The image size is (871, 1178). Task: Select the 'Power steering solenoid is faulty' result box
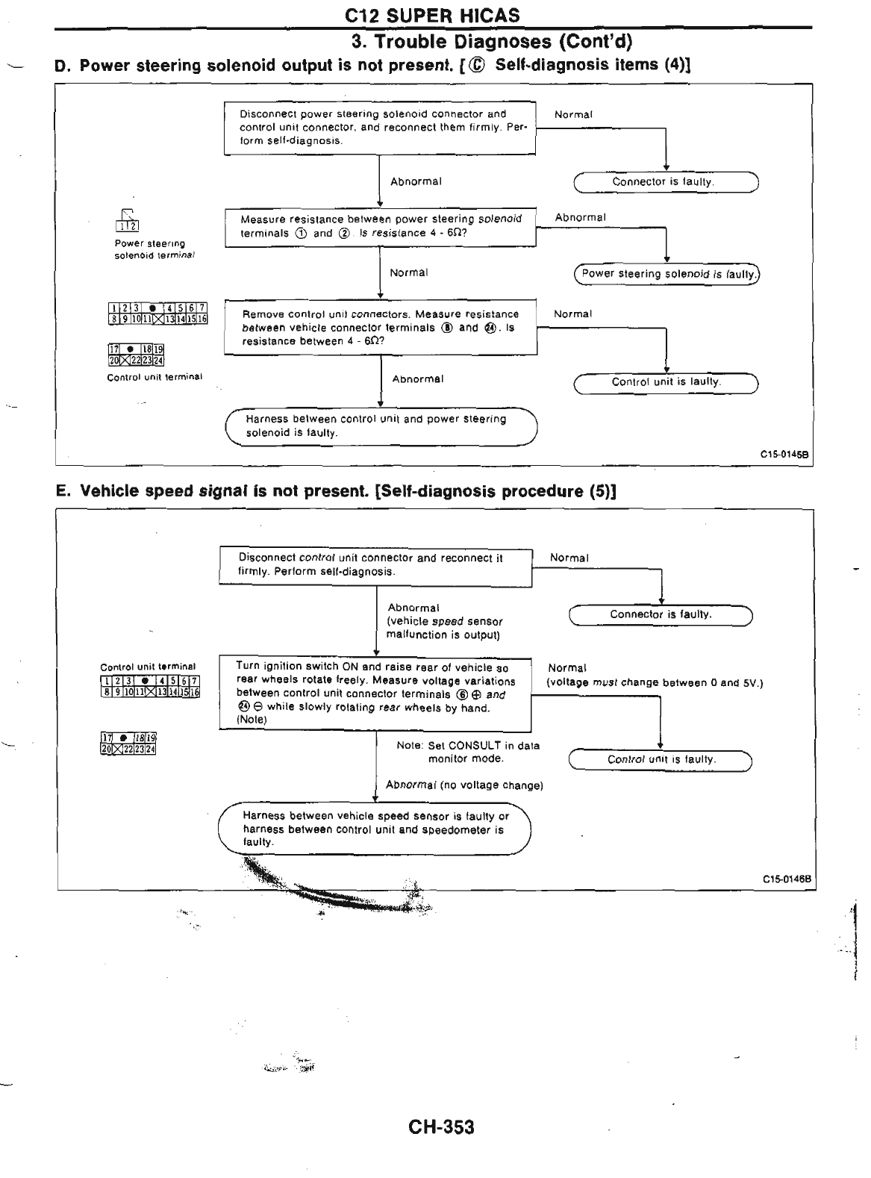click(666, 274)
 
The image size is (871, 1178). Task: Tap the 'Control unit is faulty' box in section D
click(666, 382)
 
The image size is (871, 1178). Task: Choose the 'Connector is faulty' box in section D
click(666, 182)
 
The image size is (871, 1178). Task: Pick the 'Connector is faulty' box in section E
click(661, 615)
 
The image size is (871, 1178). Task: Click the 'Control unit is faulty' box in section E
click(661, 760)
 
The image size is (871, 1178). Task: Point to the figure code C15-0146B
click(786, 879)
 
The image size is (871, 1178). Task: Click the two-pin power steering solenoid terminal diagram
click(127, 222)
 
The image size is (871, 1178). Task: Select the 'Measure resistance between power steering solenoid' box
click(381, 226)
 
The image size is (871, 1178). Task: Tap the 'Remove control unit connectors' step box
click(381, 327)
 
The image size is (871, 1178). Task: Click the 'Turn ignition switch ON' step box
click(375, 694)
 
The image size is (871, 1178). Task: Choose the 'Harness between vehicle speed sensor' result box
click(374, 829)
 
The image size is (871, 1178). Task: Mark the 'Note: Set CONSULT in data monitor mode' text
click(467, 752)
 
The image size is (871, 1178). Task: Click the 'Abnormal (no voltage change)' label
click(464, 785)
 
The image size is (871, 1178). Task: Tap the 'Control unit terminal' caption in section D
click(154, 377)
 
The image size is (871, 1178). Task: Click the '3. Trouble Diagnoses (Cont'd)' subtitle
click(492, 40)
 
